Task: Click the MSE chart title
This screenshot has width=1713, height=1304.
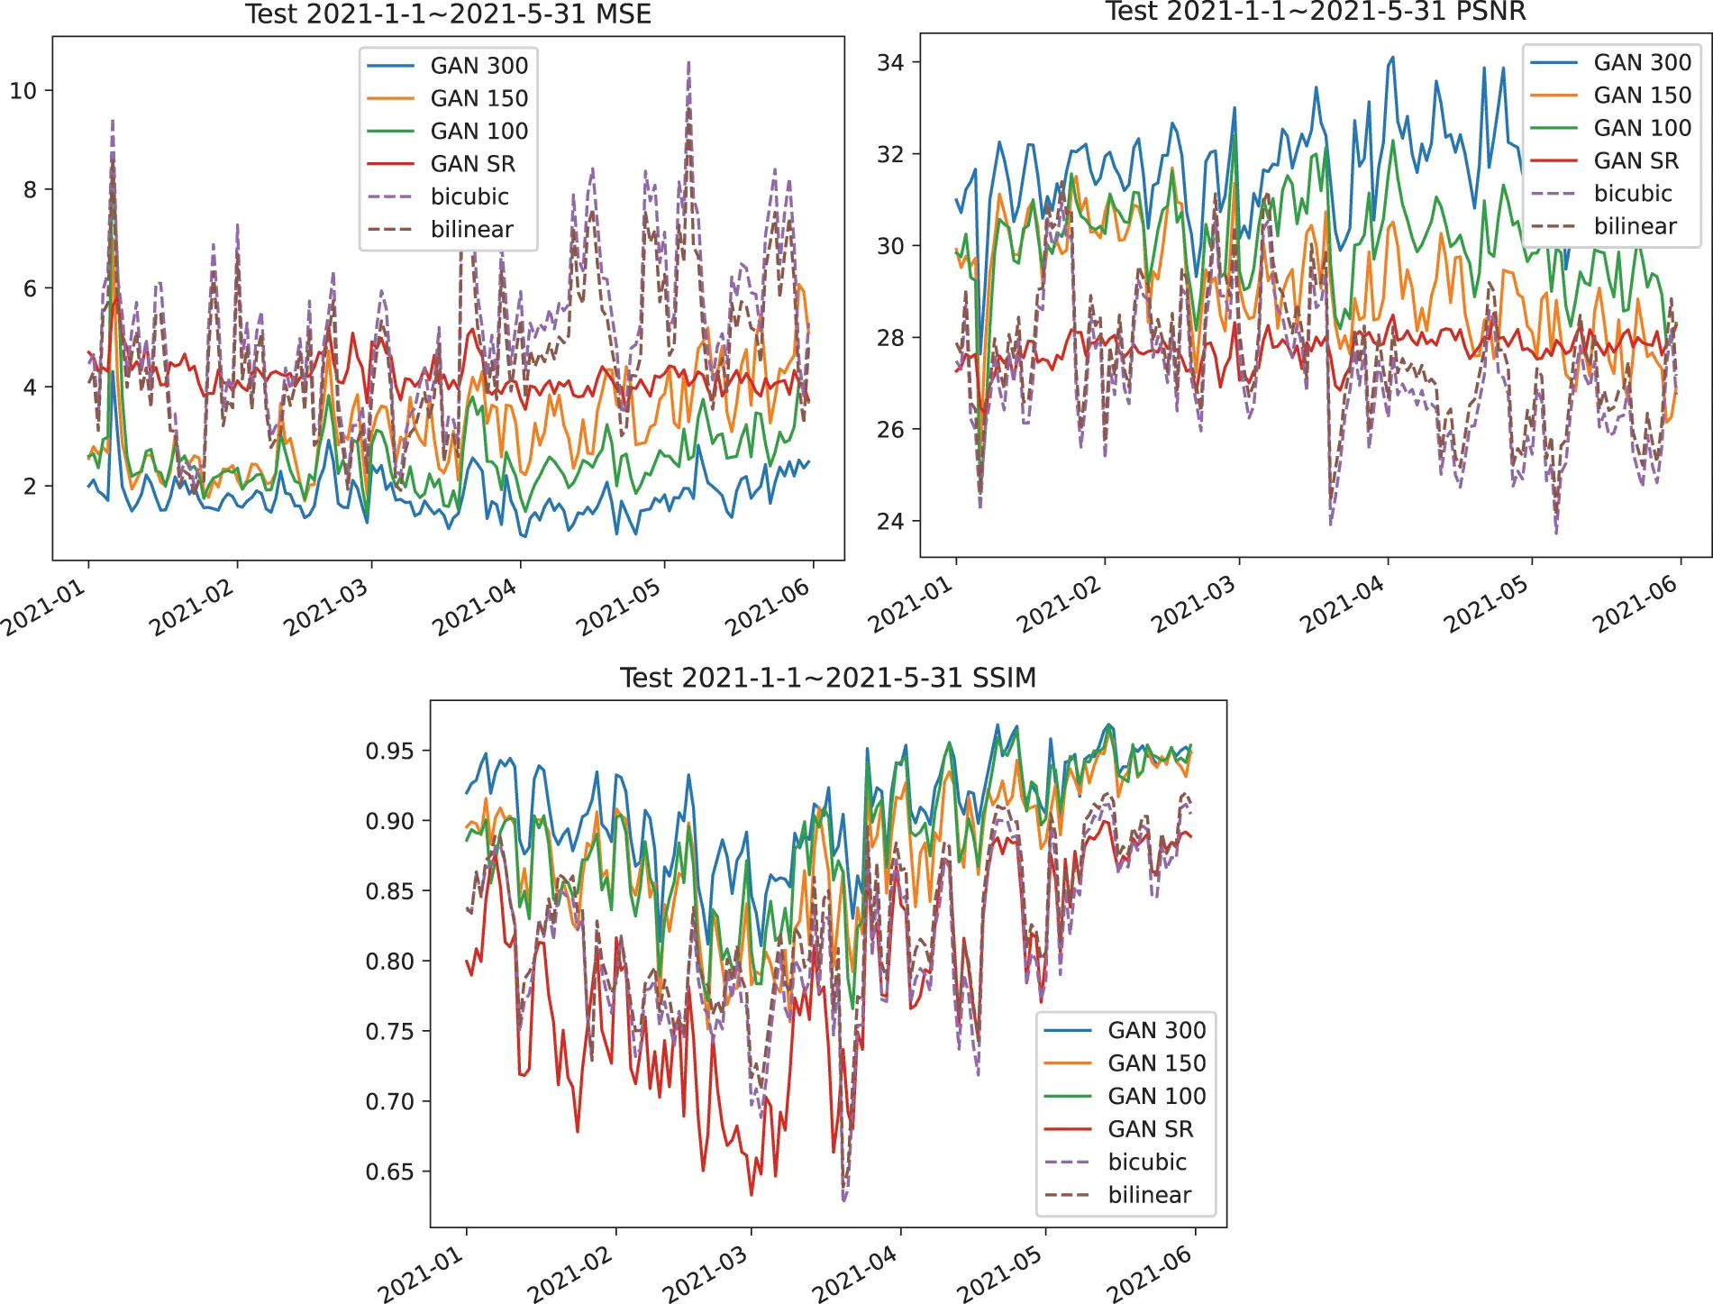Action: (448, 14)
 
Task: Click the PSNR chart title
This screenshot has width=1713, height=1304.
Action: (1315, 12)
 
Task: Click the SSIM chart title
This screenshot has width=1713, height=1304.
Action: (827, 677)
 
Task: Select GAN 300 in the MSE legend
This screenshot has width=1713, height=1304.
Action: (478, 66)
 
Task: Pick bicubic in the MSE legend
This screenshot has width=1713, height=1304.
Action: (469, 196)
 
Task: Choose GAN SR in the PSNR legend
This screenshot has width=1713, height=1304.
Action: (1636, 160)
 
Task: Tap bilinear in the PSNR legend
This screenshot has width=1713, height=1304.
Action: (1635, 226)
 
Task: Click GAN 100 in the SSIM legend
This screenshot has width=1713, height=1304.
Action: (1156, 1096)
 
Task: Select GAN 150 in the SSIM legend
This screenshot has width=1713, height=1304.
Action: (1156, 1063)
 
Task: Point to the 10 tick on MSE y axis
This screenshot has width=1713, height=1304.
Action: (23, 91)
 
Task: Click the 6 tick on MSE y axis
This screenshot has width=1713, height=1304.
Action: (30, 288)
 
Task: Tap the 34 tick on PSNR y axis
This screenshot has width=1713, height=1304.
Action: (890, 62)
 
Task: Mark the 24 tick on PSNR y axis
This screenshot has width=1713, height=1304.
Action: (890, 521)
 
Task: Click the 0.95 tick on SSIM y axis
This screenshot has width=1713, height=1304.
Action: (389, 751)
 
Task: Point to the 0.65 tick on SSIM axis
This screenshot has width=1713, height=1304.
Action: (389, 1172)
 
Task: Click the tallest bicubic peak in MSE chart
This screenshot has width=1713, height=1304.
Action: (689, 62)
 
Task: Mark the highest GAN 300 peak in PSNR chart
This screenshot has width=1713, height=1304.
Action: (1392, 57)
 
